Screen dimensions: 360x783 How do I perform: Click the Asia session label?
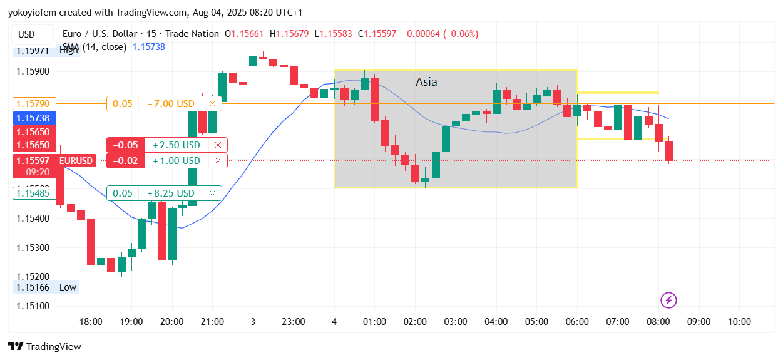point(426,82)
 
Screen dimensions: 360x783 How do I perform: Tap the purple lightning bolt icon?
point(669,300)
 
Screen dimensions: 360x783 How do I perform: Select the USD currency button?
point(26,34)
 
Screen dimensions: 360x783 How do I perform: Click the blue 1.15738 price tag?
point(34,118)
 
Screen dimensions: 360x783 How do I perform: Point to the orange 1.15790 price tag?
point(34,103)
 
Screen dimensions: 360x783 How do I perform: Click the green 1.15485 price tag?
point(34,193)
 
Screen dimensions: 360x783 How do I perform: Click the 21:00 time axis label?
point(212,322)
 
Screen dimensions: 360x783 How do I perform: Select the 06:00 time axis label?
point(577,322)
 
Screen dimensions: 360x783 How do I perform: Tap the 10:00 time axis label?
point(739,322)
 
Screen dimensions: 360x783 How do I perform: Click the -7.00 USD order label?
point(171,104)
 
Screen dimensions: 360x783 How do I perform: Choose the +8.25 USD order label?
point(171,193)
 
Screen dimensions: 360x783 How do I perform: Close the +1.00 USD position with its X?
point(218,161)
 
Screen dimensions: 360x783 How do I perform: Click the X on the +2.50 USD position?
point(218,145)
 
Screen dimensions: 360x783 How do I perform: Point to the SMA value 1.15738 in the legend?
point(148,47)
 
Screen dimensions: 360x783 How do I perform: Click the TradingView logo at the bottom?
point(44,347)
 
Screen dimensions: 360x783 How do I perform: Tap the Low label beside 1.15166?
point(68,287)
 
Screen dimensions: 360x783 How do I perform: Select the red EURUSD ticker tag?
point(76,161)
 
